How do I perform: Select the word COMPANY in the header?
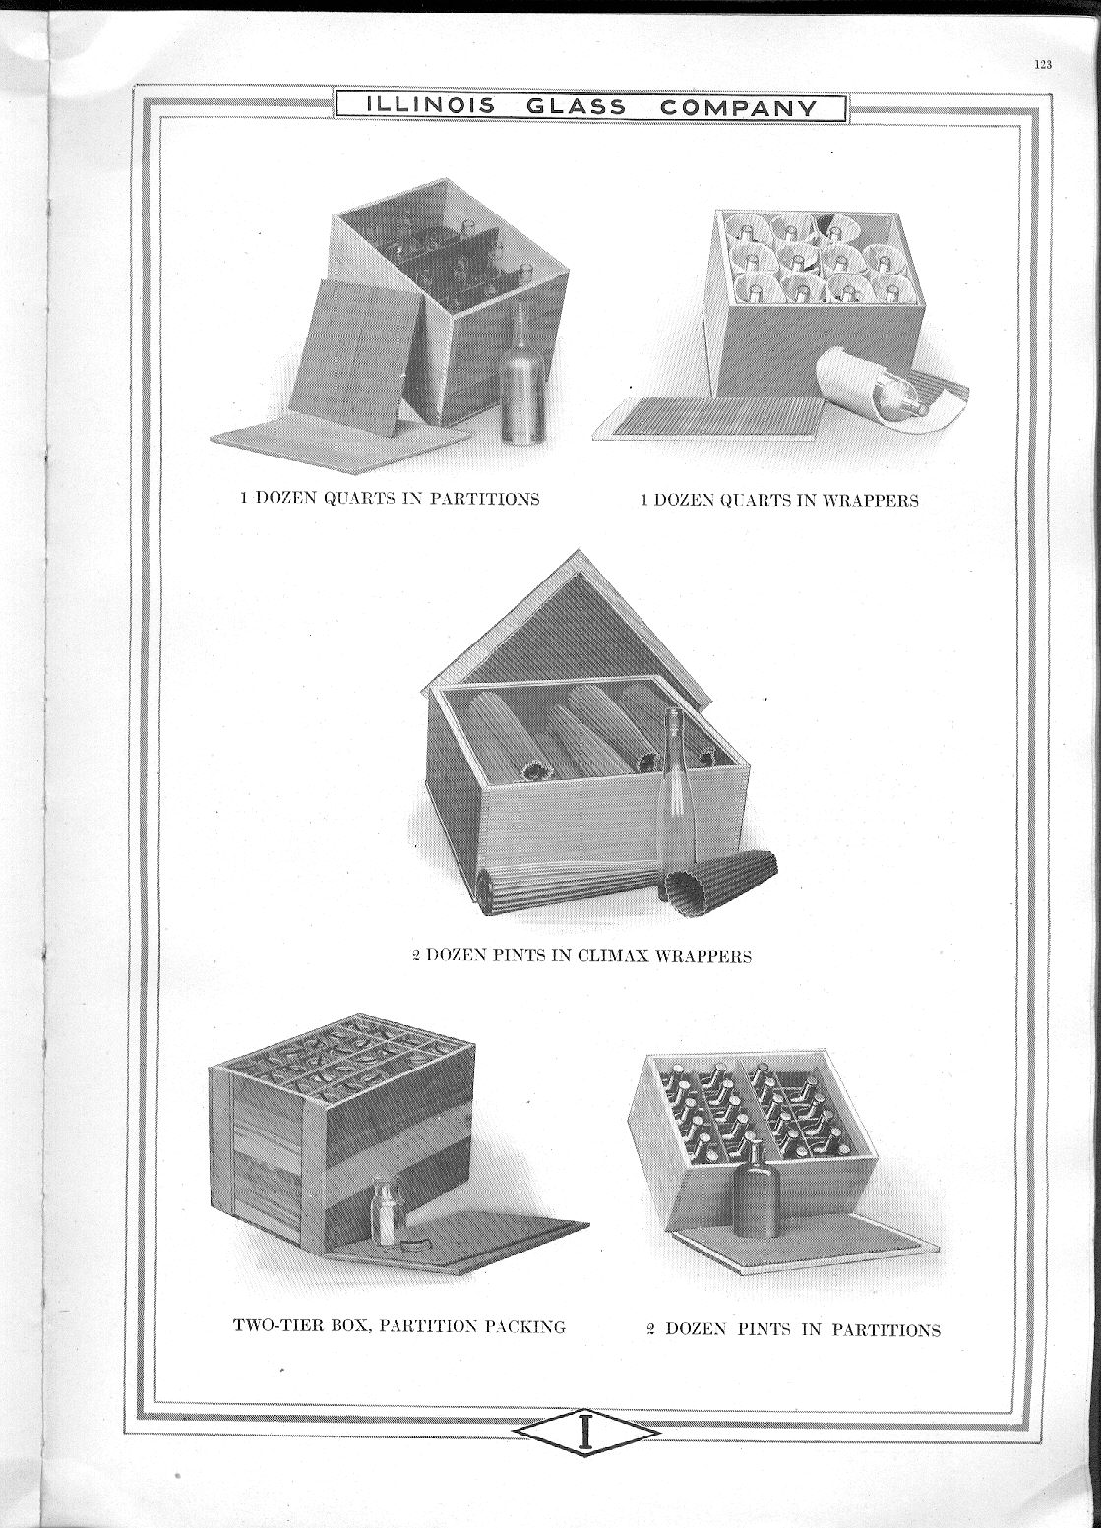(738, 108)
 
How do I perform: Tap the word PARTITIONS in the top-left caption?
(484, 498)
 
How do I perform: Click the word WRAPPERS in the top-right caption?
(870, 500)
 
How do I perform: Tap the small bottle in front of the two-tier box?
(385, 1217)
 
